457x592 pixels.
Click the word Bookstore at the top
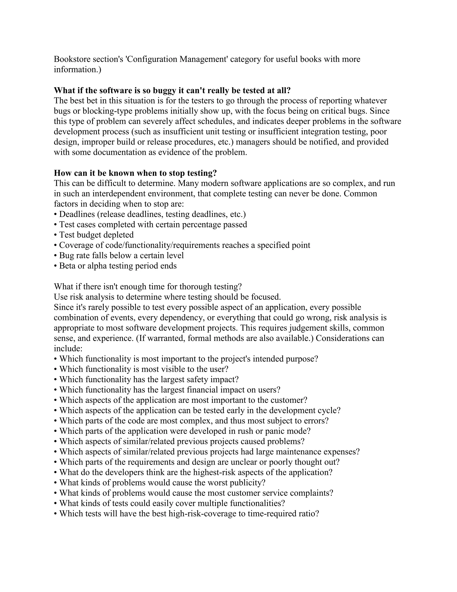(x=71, y=59)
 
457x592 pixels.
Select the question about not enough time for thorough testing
(x=147, y=287)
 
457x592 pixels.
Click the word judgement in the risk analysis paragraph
(x=303, y=328)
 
